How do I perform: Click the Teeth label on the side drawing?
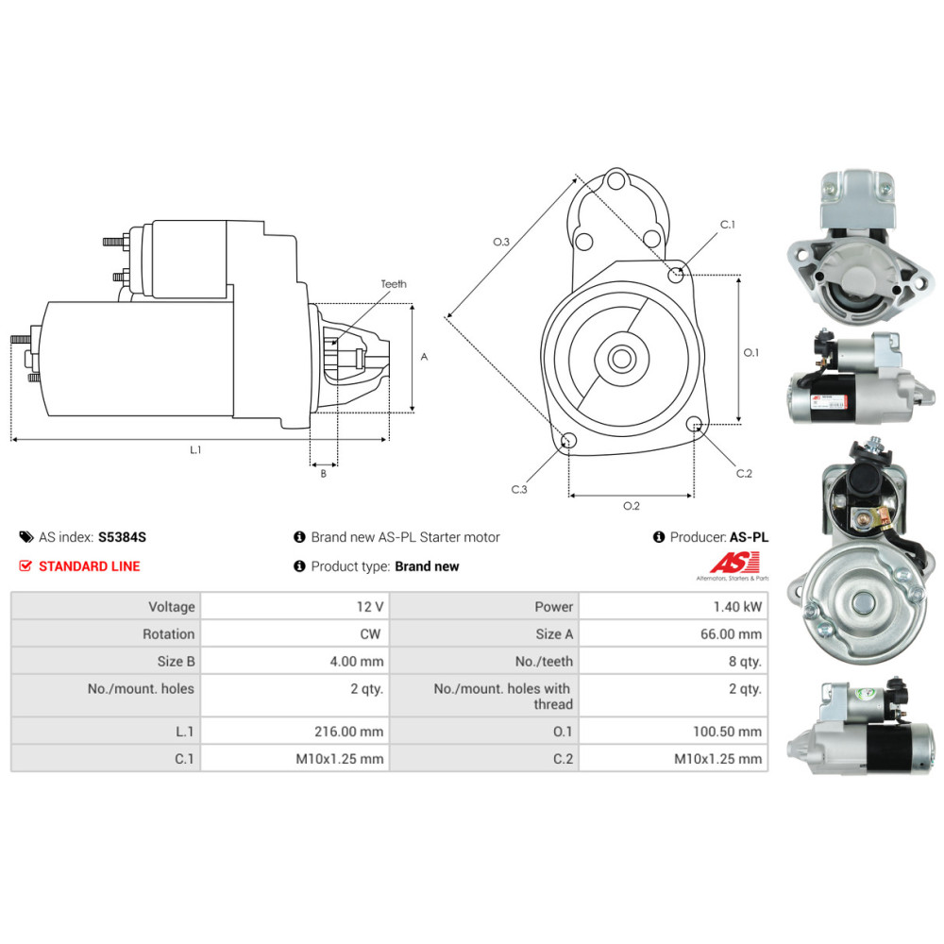pos(393,283)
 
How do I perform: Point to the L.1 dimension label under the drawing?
pos(195,449)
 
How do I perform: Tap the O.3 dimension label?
pos(501,242)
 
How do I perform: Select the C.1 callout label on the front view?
pos(727,225)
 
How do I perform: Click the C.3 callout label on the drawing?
pos(519,489)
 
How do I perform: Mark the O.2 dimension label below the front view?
pos(631,506)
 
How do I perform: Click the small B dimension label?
pos(323,474)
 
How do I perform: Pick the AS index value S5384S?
pos(122,537)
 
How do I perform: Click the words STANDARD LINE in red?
pos(89,565)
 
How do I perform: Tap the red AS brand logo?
pos(734,564)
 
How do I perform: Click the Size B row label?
pos(176,661)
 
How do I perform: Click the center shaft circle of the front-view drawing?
pos(621,359)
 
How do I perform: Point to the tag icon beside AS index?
pos(25,537)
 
